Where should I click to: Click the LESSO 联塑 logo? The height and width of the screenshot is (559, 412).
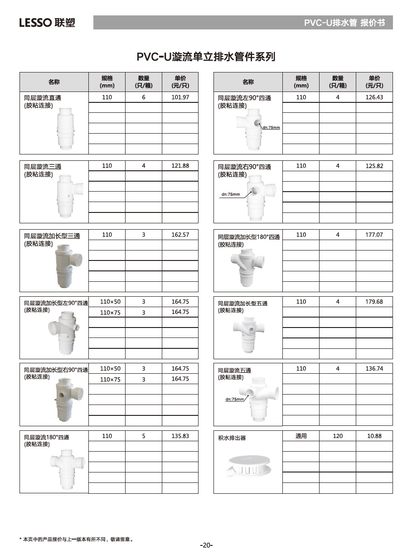(x=47, y=23)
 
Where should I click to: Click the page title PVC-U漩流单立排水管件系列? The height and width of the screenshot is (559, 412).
(x=206, y=57)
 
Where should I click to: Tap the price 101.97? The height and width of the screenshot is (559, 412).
(x=180, y=97)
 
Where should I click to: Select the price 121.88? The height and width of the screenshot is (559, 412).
(x=180, y=166)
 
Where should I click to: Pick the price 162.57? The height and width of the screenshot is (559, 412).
(x=180, y=235)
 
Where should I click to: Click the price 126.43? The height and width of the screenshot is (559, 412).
(x=374, y=97)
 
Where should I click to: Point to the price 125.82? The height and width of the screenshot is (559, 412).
(x=374, y=166)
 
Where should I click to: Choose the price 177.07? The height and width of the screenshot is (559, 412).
(x=374, y=235)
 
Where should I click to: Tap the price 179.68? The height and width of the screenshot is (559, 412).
(x=374, y=302)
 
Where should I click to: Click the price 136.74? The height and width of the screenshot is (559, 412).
(x=374, y=369)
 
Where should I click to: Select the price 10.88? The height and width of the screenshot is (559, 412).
(x=374, y=436)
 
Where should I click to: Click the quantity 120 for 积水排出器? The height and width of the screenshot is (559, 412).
(x=338, y=436)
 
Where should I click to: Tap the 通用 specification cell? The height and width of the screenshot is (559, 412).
(x=301, y=436)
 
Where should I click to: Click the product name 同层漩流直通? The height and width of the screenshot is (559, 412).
(x=43, y=98)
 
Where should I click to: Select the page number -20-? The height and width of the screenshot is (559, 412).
(x=206, y=545)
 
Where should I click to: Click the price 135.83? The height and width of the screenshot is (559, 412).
(x=180, y=436)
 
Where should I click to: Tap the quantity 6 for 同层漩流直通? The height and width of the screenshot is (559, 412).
(x=144, y=97)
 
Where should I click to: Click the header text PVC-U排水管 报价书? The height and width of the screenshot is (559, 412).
(x=344, y=23)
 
